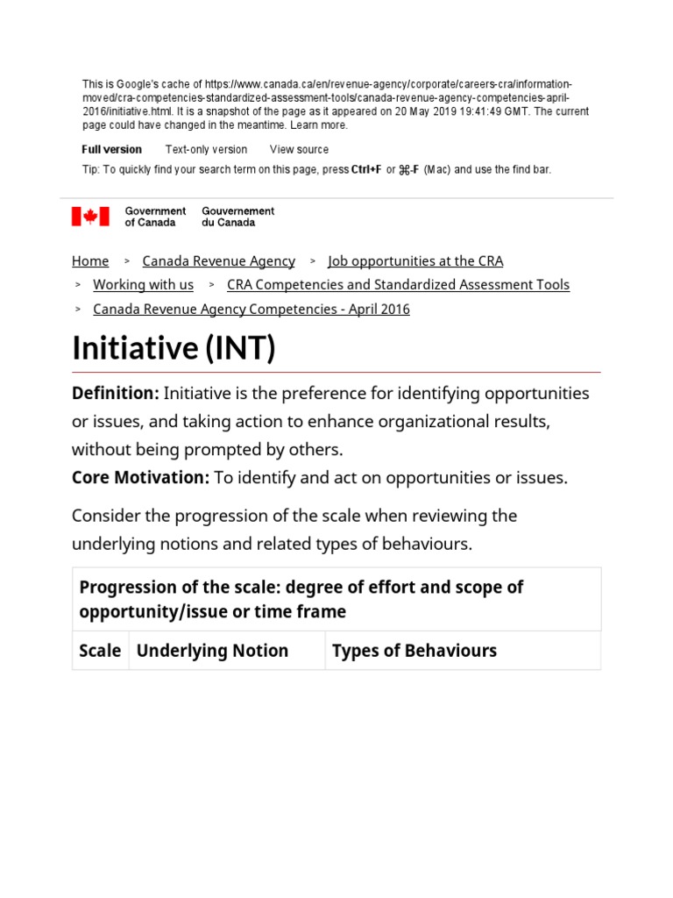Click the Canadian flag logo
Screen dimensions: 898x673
pyautogui.click(x=90, y=217)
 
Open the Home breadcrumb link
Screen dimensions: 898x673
pyautogui.click(x=90, y=261)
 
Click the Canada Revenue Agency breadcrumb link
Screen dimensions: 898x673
pyautogui.click(x=218, y=261)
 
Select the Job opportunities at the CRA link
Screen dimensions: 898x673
pyautogui.click(x=415, y=261)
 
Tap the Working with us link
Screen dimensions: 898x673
pyautogui.click(x=143, y=285)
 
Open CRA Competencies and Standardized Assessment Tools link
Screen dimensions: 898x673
pyautogui.click(x=398, y=285)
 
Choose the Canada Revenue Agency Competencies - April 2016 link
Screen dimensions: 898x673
pyautogui.click(x=251, y=310)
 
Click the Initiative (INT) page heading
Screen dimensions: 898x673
pyautogui.click(x=174, y=348)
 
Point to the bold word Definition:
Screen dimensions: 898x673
pyautogui.click(x=115, y=394)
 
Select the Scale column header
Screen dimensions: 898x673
pyautogui.click(x=100, y=651)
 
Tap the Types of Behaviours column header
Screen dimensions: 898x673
pyautogui.click(x=414, y=651)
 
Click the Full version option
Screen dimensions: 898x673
pyautogui.click(x=111, y=150)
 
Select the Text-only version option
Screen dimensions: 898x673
pyautogui.click(x=206, y=150)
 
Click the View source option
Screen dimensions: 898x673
pyautogui.click(x=299, y=150)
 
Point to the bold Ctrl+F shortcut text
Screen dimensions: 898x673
pyautogui.click(x=366, y=170)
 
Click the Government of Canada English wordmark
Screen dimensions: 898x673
pyautogui.click(x=155, y=217)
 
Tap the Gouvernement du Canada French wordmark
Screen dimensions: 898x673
pyautogui.click(x=237, y=217)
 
